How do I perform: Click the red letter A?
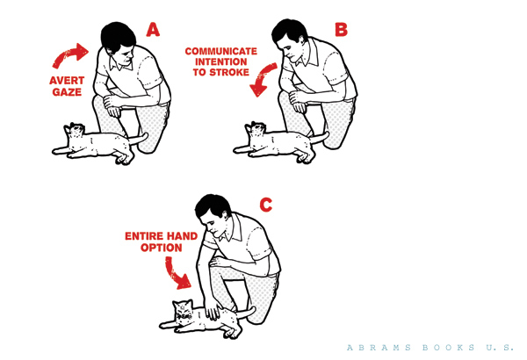(153, 30)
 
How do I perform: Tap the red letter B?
(341, 29)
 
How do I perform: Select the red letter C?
(266, 205)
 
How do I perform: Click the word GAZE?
(67, 92)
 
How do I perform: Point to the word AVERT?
(67, 81)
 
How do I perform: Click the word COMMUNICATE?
(220, 52)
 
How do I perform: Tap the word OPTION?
(162, 248)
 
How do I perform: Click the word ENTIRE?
(144, 236)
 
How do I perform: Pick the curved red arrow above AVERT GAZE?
(70, 54)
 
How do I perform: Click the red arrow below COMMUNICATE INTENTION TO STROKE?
(262, 79)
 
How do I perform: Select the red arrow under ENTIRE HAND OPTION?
(177, 273)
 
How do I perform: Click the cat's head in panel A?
(75, 131)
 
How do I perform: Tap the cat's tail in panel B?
(320, 136)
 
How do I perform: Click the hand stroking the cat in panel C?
(213, 310)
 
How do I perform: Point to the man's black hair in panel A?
(117, 36)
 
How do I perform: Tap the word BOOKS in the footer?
(449, 347)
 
